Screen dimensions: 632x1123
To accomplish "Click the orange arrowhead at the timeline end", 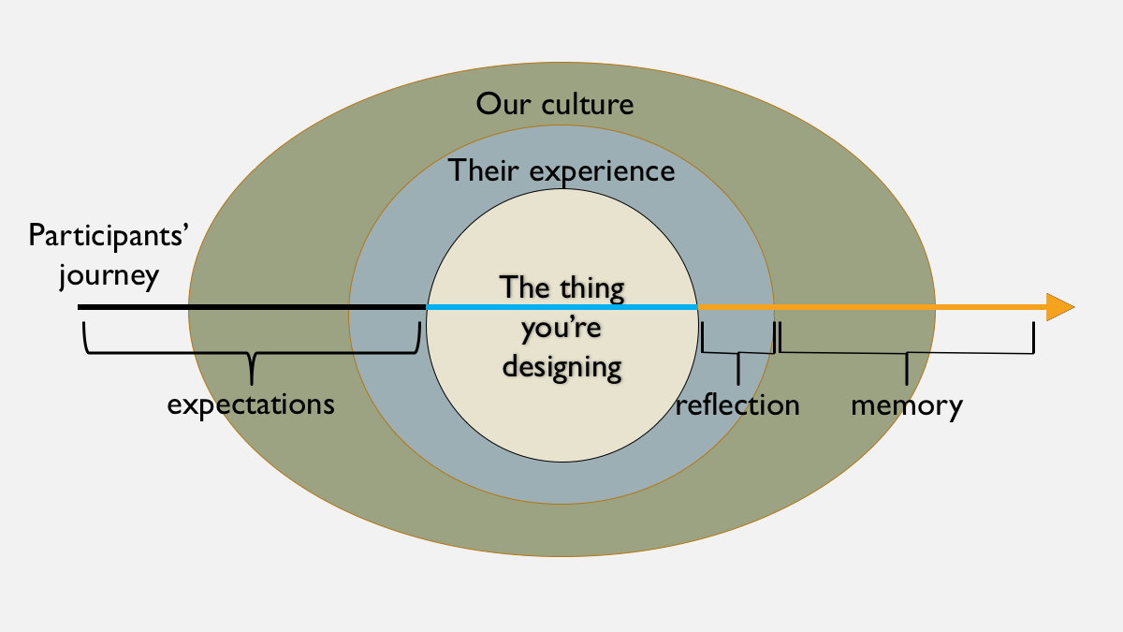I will point(1058,307).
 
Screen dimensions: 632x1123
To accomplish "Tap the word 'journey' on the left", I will point(109,277).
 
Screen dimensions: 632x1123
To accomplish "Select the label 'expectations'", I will point(251,404).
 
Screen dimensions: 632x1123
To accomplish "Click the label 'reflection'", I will point(737,404).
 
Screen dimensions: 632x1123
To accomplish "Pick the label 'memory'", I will point(906,405).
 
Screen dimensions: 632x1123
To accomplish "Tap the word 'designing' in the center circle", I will point(561,365).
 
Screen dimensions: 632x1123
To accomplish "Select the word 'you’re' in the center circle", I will point(561,327).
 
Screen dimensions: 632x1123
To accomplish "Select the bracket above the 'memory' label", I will point(906,352).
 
